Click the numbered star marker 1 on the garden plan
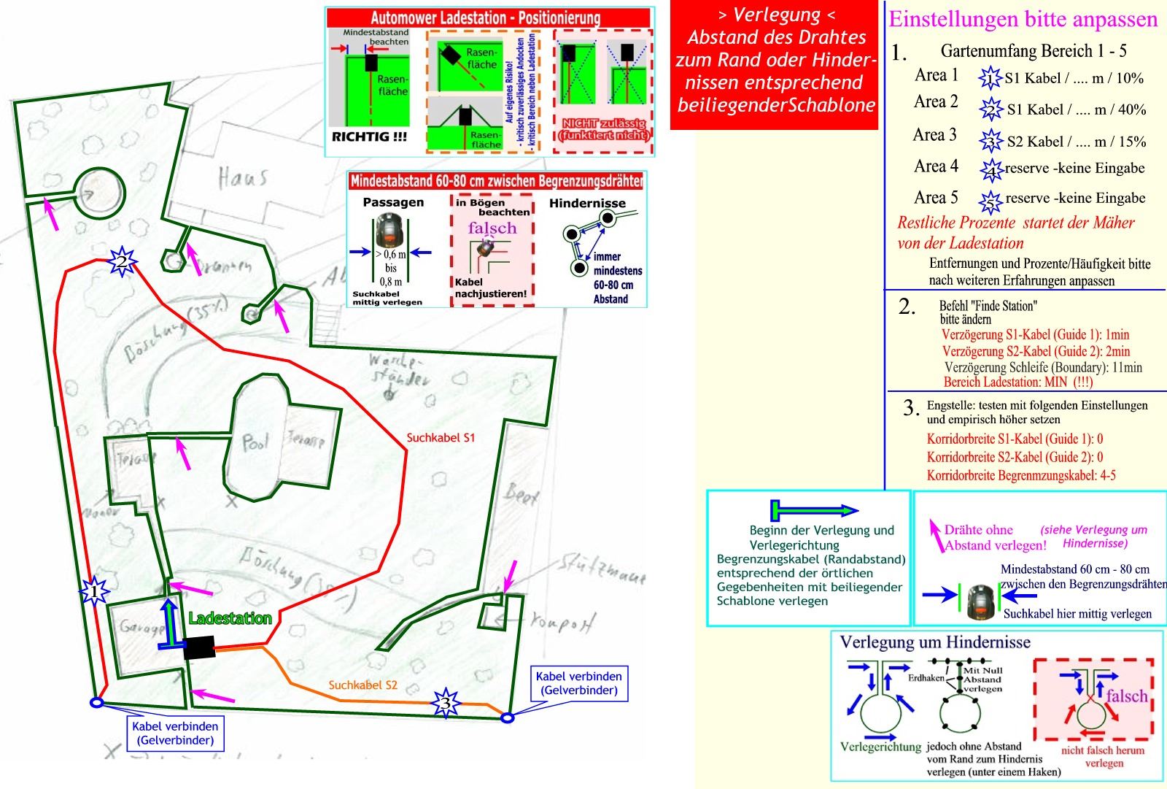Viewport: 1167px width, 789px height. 94,591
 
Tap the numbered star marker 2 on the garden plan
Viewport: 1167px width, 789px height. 122,261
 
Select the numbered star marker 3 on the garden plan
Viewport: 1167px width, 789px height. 446,704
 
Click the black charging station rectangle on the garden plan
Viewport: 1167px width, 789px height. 199,647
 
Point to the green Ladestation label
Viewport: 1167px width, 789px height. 230,619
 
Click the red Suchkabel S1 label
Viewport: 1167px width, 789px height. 441,438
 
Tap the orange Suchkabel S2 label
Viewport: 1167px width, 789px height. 362,685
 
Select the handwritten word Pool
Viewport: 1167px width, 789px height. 255,442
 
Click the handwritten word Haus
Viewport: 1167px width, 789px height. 242,177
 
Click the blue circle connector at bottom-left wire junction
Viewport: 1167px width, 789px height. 96,703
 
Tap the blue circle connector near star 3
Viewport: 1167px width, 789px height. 508,718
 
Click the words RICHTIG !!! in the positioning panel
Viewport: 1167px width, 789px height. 369,136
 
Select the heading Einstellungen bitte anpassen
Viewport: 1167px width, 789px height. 1023,19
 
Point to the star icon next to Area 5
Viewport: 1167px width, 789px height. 990,200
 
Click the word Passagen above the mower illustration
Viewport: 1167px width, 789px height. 393,202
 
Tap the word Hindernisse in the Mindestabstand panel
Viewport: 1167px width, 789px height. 587,203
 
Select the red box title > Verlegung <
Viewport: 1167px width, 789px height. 777,15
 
